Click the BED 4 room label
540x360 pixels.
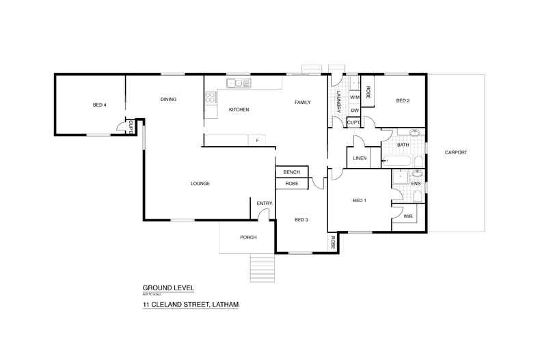click(100, 105)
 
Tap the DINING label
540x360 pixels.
click(169, 100)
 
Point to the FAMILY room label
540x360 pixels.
click(303, 102)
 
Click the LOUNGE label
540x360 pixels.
click(200, 183)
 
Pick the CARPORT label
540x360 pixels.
click(455, 152)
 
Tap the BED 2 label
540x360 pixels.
click(403, 101)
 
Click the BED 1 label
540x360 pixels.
click(360, 200)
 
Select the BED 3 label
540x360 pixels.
click(301, 219)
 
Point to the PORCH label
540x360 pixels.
click(248, 237)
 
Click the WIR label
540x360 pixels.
click(408, 216)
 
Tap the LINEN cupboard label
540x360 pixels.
click(360, 158)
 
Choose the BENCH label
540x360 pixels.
click(292, 172)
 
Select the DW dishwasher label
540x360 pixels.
click(355, 110)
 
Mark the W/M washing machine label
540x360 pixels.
click(355, 98)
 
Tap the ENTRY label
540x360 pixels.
click(265, 204)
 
